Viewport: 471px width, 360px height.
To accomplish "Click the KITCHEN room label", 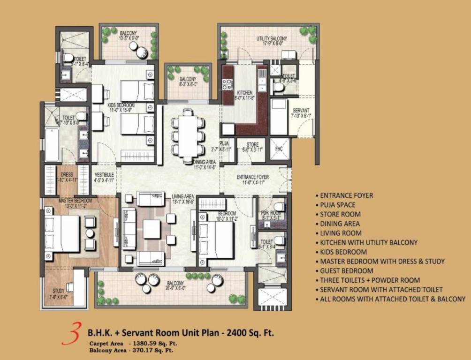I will (244, 93).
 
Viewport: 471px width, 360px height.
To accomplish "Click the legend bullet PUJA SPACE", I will (337, 205).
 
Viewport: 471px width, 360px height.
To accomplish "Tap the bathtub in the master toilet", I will (52, 144).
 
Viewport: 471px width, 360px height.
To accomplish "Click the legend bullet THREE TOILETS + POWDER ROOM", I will (370, 280).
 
